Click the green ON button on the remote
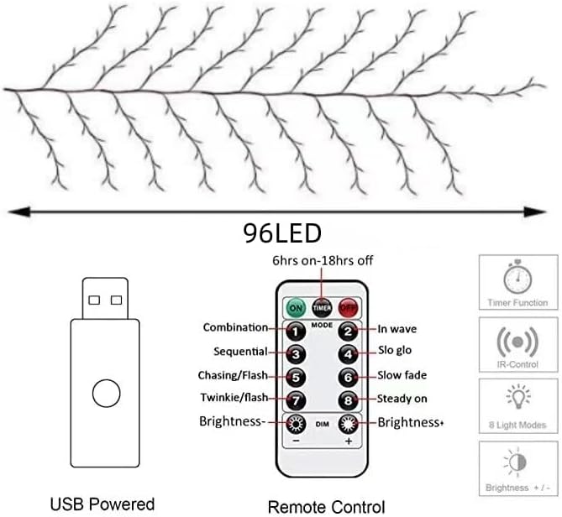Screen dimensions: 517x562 click(295, 308)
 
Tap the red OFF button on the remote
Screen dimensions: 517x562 click(348, 308)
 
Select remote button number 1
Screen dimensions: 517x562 click(295, 330)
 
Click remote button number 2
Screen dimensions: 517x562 click(347, 330)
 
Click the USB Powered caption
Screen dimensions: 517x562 click(103, 504)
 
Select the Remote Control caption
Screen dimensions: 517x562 click(326, 506)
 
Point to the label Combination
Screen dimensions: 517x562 click(235, 328)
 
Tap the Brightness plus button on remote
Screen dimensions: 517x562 click(347, 423)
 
